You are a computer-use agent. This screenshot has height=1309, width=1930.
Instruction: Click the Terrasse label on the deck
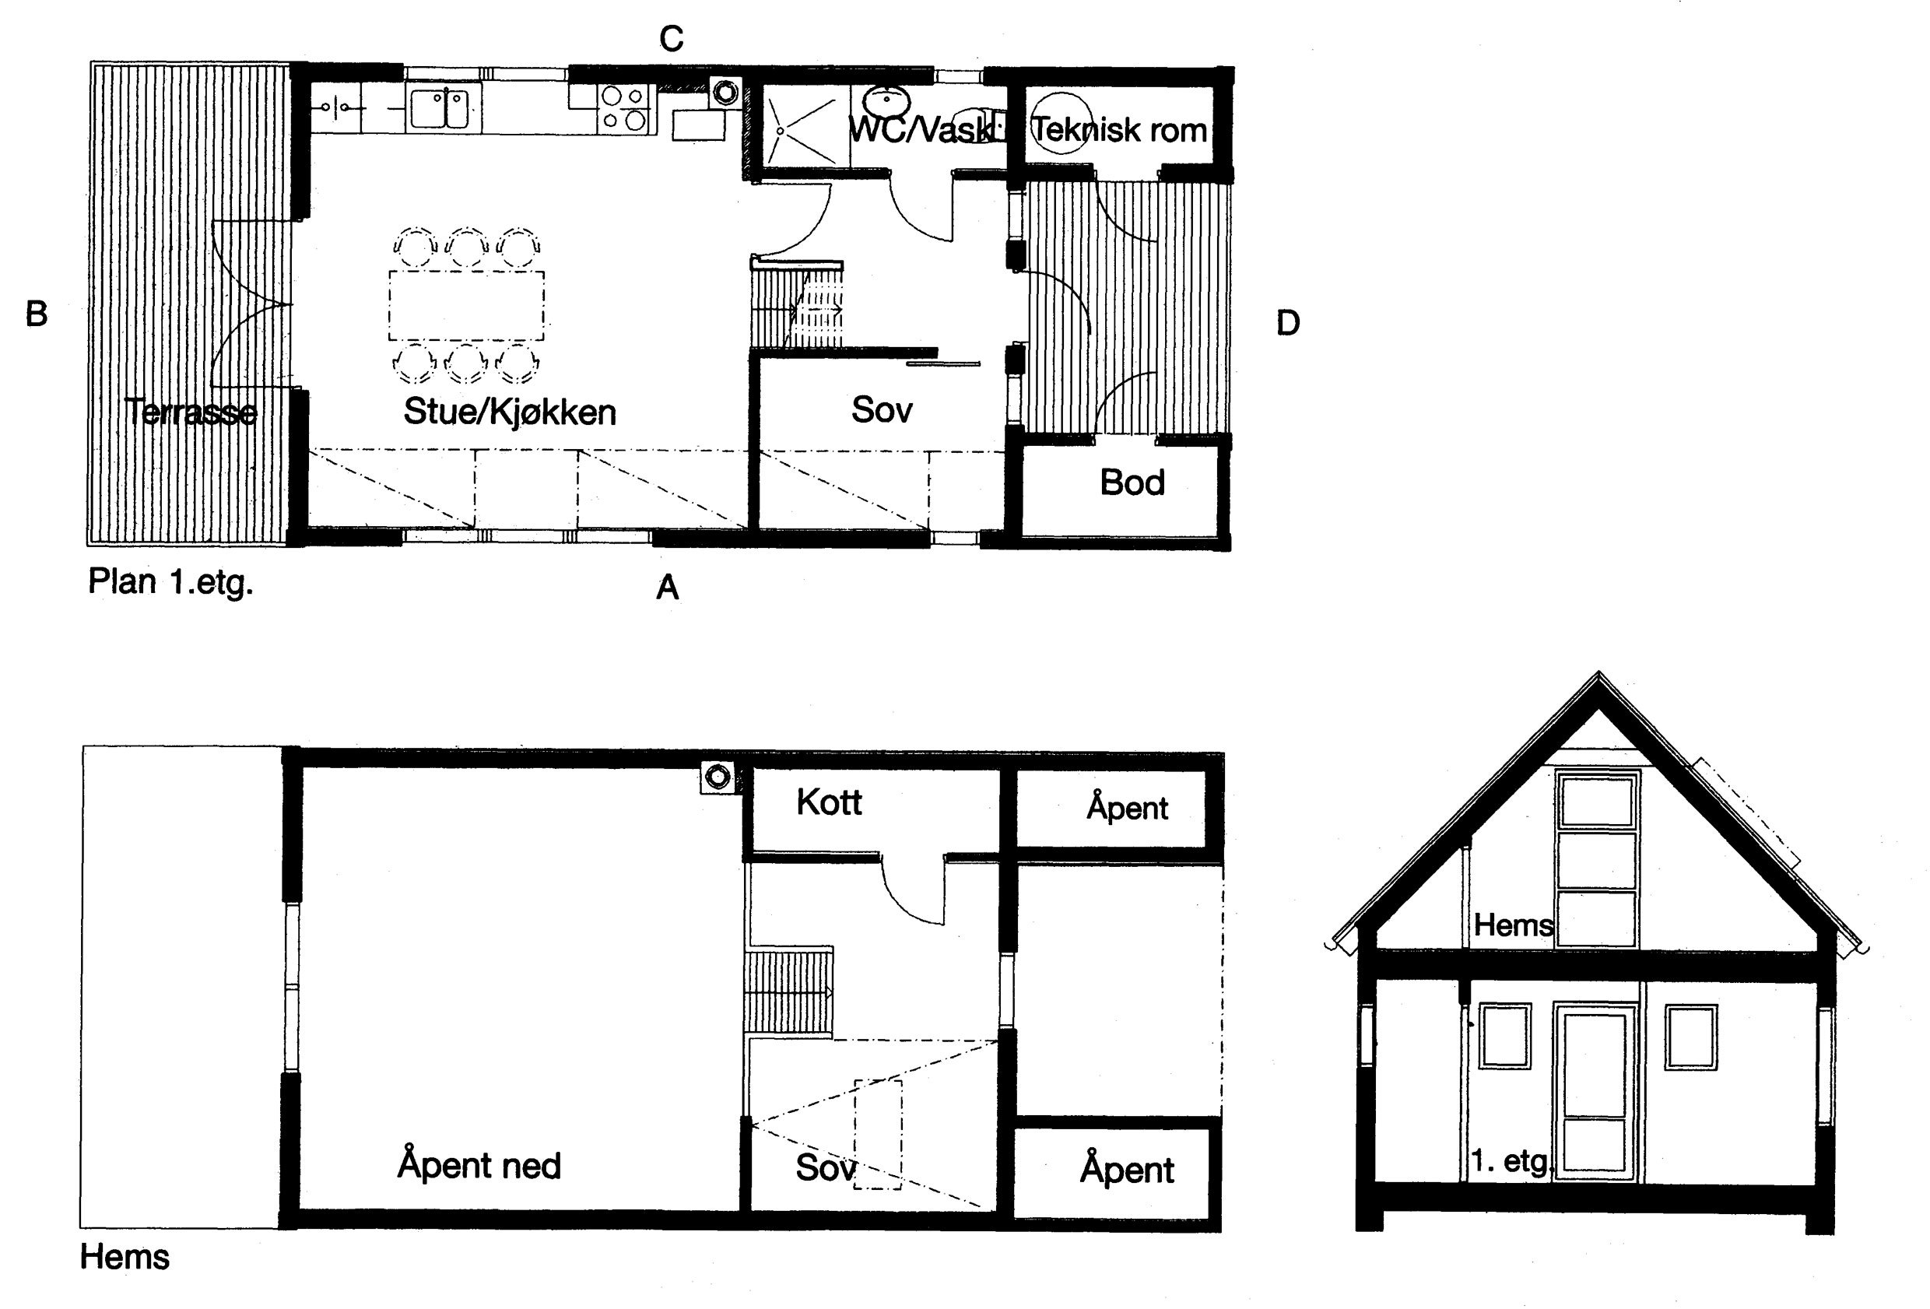point(191,412)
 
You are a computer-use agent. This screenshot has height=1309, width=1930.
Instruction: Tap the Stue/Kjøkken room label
point(510,412)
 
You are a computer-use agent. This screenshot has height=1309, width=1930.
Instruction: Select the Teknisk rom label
point(1118,131)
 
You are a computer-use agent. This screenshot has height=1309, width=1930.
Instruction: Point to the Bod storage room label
point(1132,483)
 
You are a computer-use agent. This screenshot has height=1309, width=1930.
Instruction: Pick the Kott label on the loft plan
point(829,802)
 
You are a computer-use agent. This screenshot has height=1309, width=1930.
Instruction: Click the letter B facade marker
point(37,314)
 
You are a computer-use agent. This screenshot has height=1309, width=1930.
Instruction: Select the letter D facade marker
point(1287,323)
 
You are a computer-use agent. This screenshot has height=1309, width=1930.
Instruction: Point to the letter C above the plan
point(671,39)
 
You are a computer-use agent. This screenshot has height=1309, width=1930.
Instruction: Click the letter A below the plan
point(668,588)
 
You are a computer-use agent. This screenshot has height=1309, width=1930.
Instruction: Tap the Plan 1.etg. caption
point(170,583)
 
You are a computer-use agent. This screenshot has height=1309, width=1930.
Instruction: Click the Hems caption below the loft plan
point(125,1258)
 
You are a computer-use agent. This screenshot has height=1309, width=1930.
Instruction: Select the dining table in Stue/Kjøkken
point(467,305)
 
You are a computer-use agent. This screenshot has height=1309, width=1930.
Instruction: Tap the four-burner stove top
point(624,109)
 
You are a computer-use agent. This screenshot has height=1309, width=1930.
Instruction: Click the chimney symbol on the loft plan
point(718,777)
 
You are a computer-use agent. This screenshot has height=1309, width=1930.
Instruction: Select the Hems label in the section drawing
point(1513,925)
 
